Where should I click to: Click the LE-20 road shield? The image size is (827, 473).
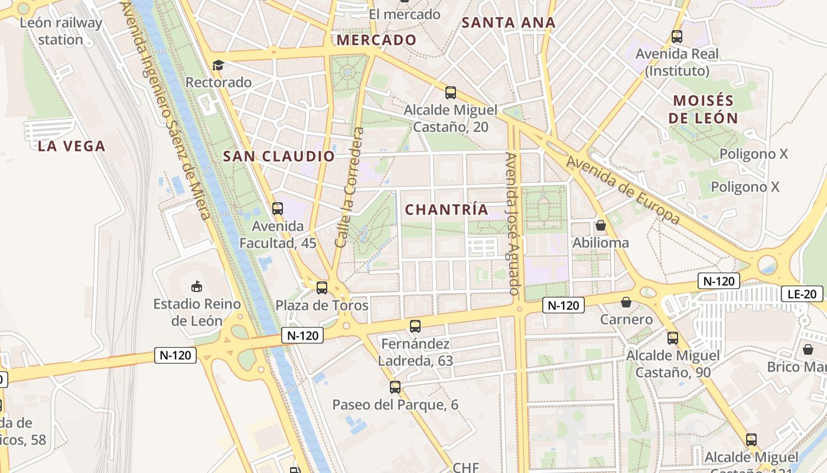[802, 294]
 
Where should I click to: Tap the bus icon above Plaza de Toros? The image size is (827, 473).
[322, 288]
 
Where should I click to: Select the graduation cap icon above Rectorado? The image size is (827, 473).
[218, 65]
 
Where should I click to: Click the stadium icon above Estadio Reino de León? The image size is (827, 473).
[197, 287]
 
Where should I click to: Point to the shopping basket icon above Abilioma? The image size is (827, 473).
[601, 225]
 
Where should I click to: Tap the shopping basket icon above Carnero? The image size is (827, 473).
[626, 303]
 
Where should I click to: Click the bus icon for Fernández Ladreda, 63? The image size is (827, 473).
[415, 326]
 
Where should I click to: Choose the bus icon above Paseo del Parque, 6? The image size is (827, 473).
[395, 387]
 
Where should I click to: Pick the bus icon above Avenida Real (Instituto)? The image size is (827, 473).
[677, 37]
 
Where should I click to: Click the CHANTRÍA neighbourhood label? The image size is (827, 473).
[447, 209]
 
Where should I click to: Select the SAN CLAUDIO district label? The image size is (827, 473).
[279, 157]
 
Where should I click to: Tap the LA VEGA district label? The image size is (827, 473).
[71, 146]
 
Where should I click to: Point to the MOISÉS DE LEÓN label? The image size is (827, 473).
[704, 109]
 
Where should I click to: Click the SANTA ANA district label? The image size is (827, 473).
[508, 23]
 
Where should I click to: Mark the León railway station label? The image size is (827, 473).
[61, 31]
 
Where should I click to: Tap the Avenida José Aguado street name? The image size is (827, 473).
[512, 223]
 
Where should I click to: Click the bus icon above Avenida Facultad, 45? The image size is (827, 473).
[278, 208]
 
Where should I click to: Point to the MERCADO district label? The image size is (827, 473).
[377, 40]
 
